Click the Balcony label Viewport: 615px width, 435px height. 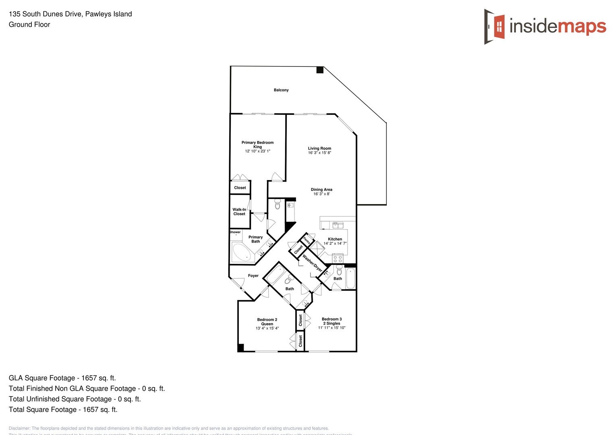coord(281,90)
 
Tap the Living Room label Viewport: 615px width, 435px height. coord(319,149)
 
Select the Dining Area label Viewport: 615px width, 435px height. coord(321,190)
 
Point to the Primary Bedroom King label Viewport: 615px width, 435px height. coord(257,145)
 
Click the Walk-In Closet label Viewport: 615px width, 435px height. coord(239,212)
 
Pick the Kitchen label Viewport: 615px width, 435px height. coord(335,239)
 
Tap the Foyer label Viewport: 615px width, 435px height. coord(253,276)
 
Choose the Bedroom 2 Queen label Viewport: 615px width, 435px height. coord(267,322)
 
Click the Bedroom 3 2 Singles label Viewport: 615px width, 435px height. coord(332,321)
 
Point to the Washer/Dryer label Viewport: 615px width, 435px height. coord(313,263)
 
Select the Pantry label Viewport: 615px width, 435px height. coord(307,241)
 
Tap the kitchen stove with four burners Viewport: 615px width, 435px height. coord(338,259)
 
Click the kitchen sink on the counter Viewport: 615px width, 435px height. coord(338,225)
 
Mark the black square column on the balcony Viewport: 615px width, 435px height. coord(320,70)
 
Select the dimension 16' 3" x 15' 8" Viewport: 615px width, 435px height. coord(319,153)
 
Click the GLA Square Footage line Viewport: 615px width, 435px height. coord(62,378)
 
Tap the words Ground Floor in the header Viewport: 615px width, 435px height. coord(29,25)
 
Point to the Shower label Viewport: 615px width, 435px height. coord(235,232)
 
